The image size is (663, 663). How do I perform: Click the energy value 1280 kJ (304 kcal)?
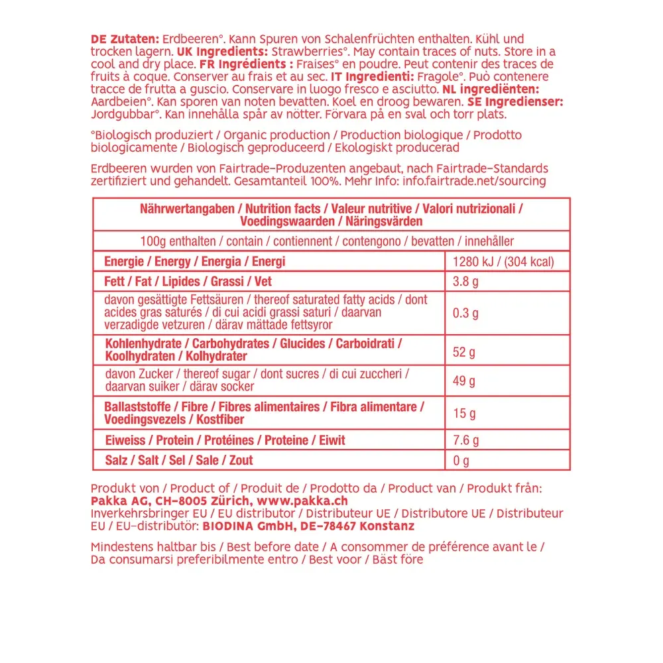click(x=503, y=262)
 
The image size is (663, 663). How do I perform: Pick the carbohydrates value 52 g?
click(x=463, y=352)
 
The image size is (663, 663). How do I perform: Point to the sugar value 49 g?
click(x=463, y=381)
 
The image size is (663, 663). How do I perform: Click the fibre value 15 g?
click(x=463, y=414)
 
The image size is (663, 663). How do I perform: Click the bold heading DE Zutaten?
click(x=124, y=39)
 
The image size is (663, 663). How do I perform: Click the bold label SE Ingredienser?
click(x=515, y=102)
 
